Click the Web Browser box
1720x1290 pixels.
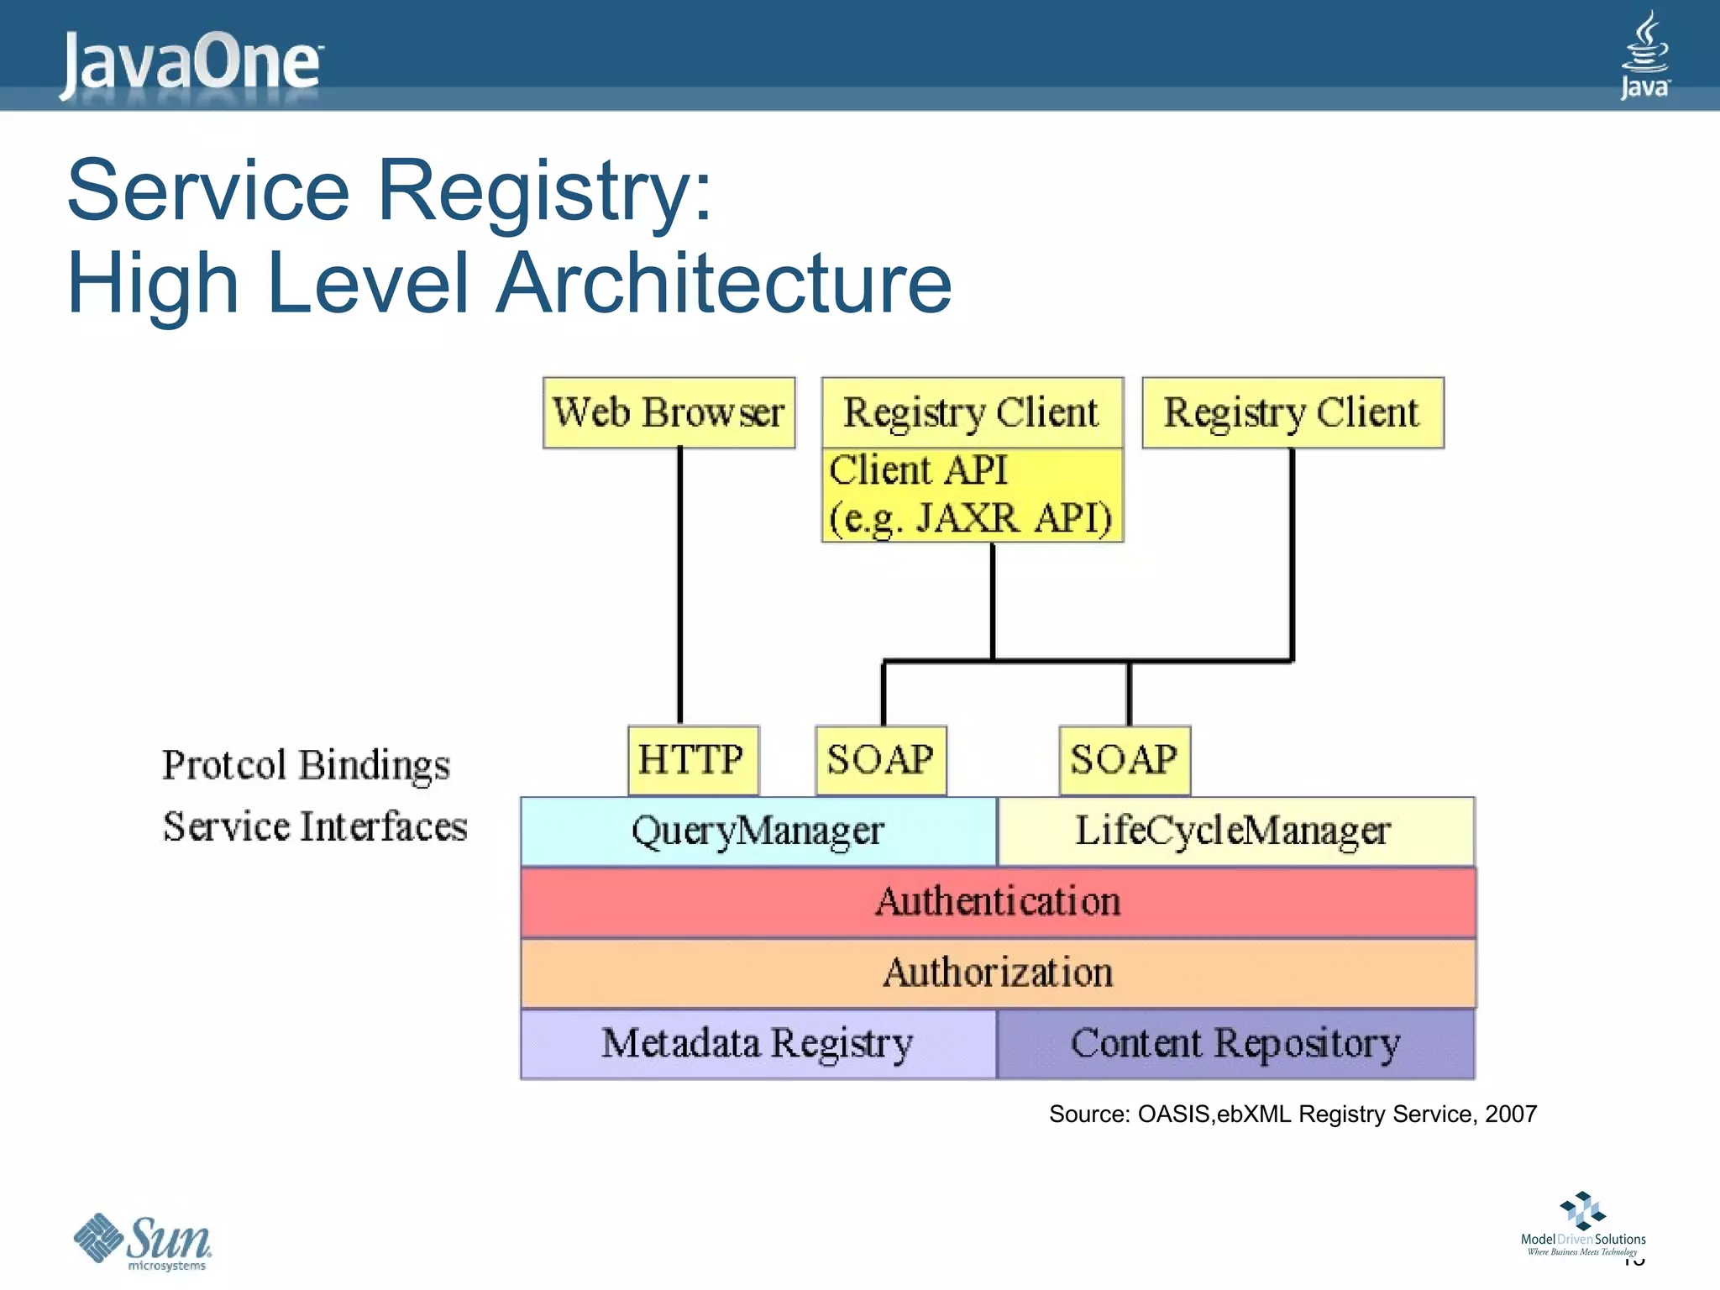coord(669,412)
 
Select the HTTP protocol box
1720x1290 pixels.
coord(693,760)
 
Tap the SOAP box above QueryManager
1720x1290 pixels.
coord(880,760)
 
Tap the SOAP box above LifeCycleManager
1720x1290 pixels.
coord(1124,760)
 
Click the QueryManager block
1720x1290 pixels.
coord(758,831)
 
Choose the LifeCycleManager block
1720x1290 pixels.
coord(1235,831)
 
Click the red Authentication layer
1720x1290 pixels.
coord(998,902)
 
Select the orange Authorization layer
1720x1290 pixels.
coord(998,973)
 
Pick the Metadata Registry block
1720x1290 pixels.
coord(758,1044)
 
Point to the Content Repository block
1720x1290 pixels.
coord(1235,1044)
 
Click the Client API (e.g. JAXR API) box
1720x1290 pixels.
coord(972,495)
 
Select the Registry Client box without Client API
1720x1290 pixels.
coord(1292,412)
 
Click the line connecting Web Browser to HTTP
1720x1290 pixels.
coord(680,588)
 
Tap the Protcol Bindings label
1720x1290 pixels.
coord(306,765)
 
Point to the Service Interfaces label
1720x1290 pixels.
coord(315,826)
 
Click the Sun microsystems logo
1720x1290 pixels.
coord(143,1241)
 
